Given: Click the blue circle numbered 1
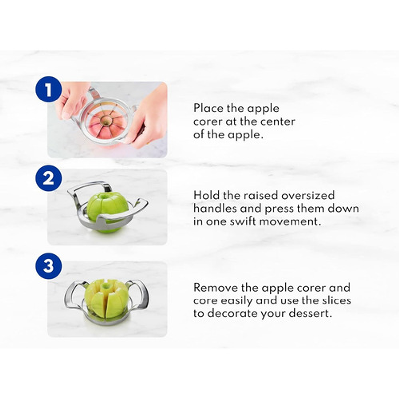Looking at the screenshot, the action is (48, 89).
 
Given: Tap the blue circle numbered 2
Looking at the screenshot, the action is (48, 178).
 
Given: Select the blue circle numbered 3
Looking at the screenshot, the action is (48, 266).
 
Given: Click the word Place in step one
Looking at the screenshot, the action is (208, 108).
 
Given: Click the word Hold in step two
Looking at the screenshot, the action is (206, 195).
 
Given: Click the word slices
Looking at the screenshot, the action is (337, 301).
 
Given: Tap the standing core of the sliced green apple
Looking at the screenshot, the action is (105, 288).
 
